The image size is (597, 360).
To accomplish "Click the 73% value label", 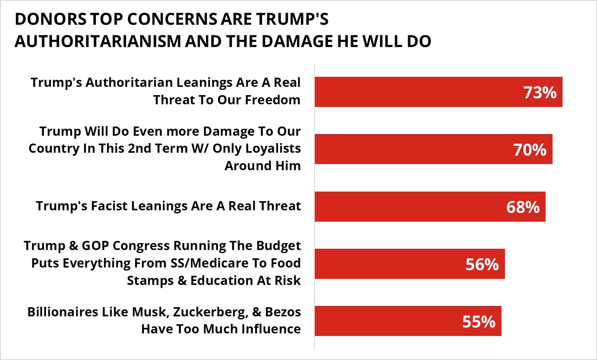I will pos(540,93).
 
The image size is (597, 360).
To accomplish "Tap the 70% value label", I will pos(529,150).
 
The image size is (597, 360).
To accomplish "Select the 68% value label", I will pos(523,207).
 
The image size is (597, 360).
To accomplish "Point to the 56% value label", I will pos(482,264).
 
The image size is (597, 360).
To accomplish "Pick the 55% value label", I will pos(478,322).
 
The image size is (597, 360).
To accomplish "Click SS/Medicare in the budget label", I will pos(217,263).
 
